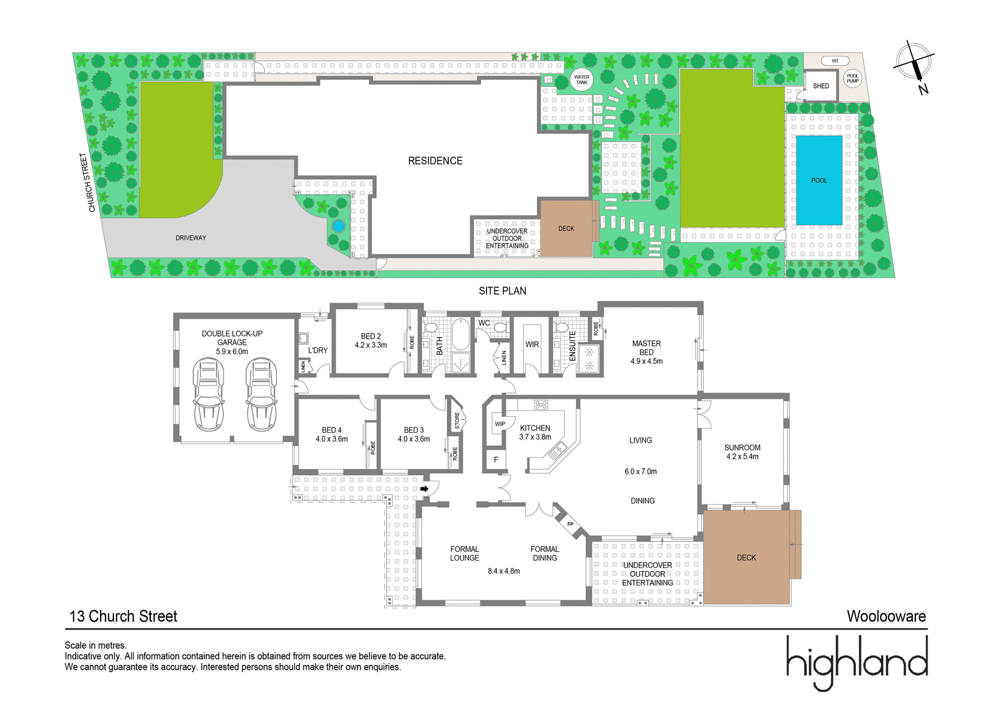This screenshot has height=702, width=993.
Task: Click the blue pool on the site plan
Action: [819, 180]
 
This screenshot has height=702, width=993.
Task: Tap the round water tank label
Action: [581, 80]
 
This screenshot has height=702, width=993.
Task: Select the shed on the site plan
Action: [820, 86]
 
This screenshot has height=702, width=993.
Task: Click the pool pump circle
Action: [853, 78]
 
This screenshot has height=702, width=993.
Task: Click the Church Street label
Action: [88, 182]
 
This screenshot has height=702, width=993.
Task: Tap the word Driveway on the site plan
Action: [191, 238]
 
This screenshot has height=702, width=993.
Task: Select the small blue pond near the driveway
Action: [338, 226]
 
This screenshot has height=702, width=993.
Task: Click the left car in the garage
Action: [209, 394]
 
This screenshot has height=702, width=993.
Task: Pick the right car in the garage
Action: [261, 394]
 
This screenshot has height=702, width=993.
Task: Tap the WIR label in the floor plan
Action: [532, 345]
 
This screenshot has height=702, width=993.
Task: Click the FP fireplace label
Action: [570, 525]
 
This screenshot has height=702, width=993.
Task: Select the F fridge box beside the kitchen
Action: [496, 460]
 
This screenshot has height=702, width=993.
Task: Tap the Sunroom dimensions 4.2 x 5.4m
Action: [742, 456]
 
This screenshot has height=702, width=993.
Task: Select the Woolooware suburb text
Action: [886, 616]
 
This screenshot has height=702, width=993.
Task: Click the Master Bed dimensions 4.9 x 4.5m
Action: [646, 361]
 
